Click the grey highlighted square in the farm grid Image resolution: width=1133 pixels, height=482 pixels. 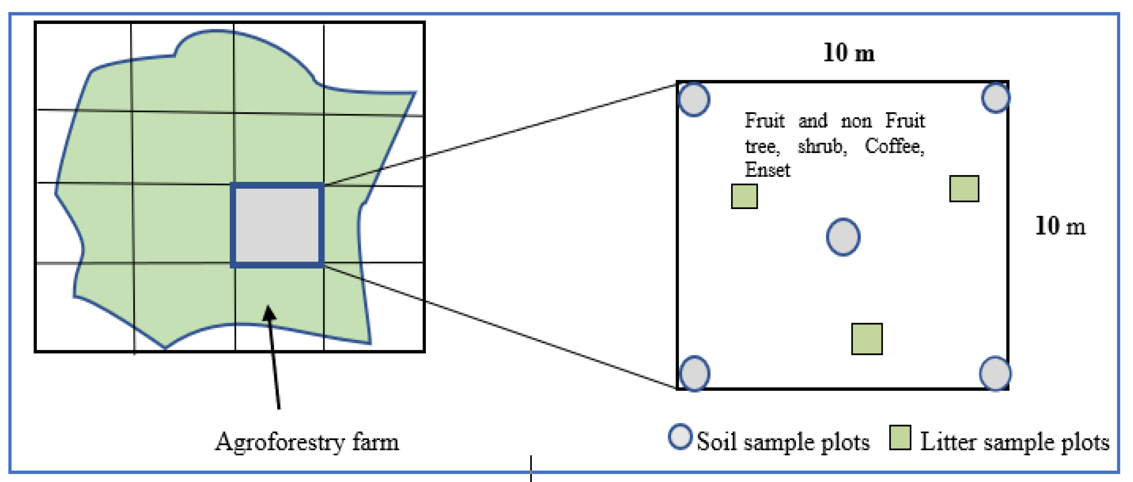pyautogui.click(x=277, y=225)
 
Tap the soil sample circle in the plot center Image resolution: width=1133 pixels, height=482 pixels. pyautogui.click(x=843, y=237)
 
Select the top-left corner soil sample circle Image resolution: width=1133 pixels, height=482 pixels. pyautogui.click(x=694, y=99)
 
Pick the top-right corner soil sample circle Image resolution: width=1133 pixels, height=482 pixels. pyautogui.click(x=995, y=98)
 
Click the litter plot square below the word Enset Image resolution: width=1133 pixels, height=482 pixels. pyautogui.click(x=744, y=196)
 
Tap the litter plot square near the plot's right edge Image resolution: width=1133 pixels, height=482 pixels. pyautogui.click(x=964, y=189)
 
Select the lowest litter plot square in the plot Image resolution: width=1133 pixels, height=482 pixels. pyautogui.click(x=866, y=339)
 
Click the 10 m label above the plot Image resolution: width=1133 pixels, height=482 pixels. pyautogui.click(x=849, y=53)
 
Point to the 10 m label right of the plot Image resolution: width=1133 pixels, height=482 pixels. pyautogui.click(x=1060, y=226)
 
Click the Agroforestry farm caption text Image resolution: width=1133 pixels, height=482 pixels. pyautogui.click(x=307, y=442)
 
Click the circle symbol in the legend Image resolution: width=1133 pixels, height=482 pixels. pyautogui.click(x=680, y=437)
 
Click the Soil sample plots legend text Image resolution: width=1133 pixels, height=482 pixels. pyautogui.click(x=783, y=442)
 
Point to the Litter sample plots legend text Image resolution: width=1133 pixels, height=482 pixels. pyautogui.click(x=1015, y=442)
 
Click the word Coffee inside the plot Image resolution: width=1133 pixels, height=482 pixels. pyautogui.click(x=894, y=146)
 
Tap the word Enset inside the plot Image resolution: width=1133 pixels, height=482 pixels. pyautogui.click(x=767, y=170)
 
